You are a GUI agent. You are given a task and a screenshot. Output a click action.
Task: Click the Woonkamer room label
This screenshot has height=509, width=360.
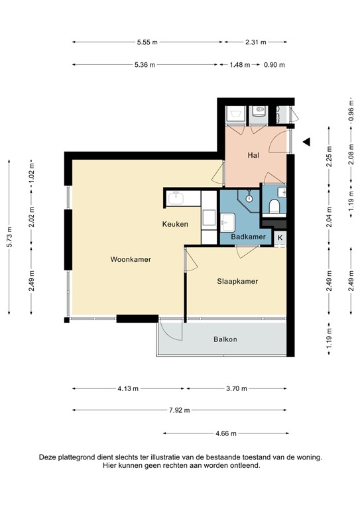point(131,259)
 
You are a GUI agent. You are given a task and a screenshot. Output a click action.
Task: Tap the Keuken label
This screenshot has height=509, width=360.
point(175,224)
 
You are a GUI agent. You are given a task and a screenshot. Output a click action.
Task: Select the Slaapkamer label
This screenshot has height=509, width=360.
point(237,281)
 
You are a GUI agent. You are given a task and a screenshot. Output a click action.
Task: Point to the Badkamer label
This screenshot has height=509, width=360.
point(248,237)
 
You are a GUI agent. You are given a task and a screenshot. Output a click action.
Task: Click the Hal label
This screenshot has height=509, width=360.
point(253,156)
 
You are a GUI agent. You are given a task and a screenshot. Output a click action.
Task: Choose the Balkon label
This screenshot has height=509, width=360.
point(225,339)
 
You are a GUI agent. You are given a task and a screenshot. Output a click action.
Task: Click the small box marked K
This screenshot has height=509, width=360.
point(280,238)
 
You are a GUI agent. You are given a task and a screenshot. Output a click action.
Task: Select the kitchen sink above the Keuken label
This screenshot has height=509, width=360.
point(177,198)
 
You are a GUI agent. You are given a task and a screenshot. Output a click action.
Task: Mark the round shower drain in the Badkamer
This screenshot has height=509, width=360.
point(249,198)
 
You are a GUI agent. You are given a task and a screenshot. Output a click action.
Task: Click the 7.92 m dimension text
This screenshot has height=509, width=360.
point(179,410)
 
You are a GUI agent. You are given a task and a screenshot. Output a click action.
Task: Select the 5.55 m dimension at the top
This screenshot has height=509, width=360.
point(147,42)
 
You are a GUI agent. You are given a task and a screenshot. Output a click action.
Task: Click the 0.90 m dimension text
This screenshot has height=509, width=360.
point(274,65)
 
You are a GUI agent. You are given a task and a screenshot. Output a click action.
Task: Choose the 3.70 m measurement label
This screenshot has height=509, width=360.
point(237,388)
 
